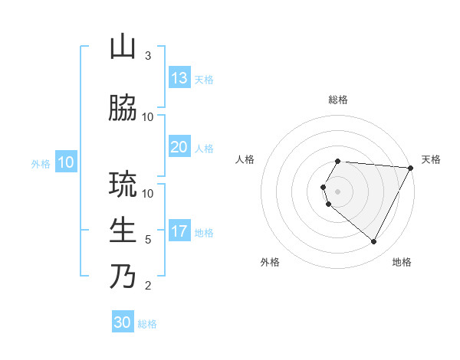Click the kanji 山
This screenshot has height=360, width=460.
[123, 47]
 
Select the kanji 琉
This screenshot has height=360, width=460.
[123, 185]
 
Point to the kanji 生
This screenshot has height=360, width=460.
[123, 230]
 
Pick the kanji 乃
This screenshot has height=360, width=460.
[123, 276]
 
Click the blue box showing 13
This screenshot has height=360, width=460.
[179, 78]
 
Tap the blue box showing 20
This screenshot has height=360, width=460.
[179, 147]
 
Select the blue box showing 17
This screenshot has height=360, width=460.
[179, 231]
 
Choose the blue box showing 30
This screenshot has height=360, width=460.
[123, 322]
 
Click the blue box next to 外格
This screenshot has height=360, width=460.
[65, 162]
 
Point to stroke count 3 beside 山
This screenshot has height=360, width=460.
[148, 56]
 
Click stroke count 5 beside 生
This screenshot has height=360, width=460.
[148, 240]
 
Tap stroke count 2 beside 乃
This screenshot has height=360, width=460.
[148, 286]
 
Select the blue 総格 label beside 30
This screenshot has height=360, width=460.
[147, 324]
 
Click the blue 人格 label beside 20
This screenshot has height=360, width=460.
[204, 149]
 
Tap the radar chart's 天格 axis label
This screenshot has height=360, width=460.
[431, 159]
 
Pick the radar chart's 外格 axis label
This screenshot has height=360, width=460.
[270, 262]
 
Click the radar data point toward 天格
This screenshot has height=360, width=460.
[411, 168]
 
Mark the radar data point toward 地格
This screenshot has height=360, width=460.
[374, 242]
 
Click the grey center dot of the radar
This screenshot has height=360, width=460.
[337, 191]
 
